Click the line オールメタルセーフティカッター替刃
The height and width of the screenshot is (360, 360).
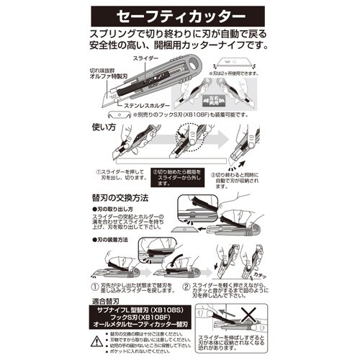click(138, 332)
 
